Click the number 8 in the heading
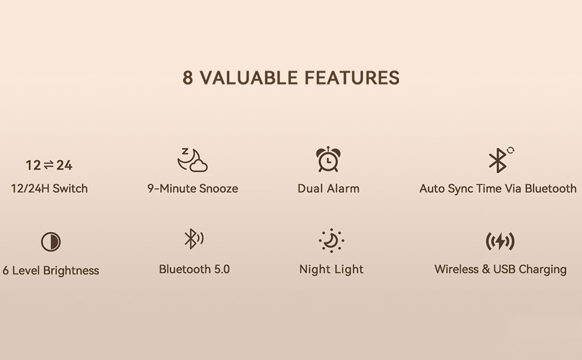tap(188, 78)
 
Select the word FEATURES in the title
tap(352, 78)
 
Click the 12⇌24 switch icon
tap(49, 166)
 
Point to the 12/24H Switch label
tap(49, 188)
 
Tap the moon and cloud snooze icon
tap(193, 160)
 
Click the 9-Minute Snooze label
tap(193, 188)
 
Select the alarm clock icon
tap(328, 160)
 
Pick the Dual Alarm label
tap(328, 188)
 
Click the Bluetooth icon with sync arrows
tap(499, 160)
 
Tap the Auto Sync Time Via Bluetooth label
tap(498, 188)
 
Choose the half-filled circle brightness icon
tap(51, 242)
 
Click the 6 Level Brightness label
tap(50, 271)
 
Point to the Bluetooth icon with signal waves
tap(193, 239)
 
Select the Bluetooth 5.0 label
tap(194, 269)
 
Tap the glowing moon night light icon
tap(331, 241)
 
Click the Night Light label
tap(331, 269)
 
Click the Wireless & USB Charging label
tap(500, 269)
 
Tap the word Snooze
tap(219, 188)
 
